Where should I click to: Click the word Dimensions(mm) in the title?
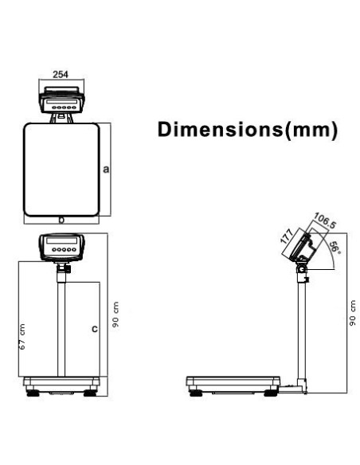click(x=246, y=130)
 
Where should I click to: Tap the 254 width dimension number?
click(x=60, y=73)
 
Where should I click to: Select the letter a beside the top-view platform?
click(x=106, y=169)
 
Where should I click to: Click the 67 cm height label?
click(x=22, y=337)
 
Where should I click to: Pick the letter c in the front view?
click(x=94, y=327)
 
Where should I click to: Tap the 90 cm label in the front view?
click(x=116, y=318)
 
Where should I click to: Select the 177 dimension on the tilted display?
click(x=284, y=236)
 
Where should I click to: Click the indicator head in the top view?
click(x=61, y=102)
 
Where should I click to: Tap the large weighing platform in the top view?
click(x=61, y=168)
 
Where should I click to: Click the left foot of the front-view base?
click(x=33, y=392)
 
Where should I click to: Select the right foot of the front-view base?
click(x=89, y=392)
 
